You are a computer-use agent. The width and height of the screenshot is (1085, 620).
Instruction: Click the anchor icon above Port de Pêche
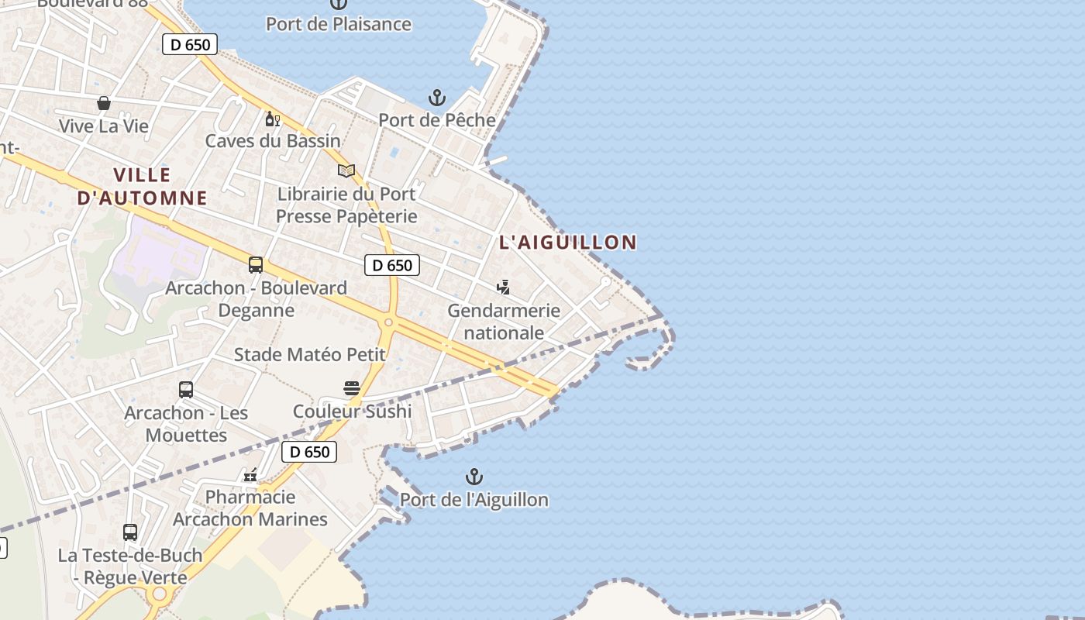pos(437,98)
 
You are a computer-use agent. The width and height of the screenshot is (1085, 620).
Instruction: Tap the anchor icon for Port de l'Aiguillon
pos(474,477)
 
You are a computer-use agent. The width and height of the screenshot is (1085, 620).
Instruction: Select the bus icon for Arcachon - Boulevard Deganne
pos(256,265)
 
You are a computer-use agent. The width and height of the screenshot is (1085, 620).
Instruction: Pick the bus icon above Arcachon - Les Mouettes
pos(186,390)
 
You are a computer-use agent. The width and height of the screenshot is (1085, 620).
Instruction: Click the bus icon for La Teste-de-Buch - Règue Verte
pos(130,532)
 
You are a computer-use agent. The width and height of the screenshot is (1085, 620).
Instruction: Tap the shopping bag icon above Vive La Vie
pos(104,103)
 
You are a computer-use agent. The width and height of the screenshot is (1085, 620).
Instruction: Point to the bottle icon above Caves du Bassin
pos(272,119)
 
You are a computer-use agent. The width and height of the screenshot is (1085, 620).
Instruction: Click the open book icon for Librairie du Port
pos(346,170)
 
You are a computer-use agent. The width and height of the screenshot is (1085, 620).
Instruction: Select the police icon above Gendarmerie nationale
pos(504,288)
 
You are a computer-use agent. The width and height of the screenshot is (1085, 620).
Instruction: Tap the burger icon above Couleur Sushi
pos(352,388)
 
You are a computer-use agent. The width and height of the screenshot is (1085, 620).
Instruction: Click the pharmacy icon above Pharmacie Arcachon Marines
pos(250,474)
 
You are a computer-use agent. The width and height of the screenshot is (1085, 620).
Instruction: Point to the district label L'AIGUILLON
pos(568,243)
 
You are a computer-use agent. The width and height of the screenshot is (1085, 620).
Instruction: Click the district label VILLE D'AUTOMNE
pos(142,187)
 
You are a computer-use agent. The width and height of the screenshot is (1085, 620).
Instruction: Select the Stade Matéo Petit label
pos(310,355)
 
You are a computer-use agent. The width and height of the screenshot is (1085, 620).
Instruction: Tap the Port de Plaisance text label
pos(339,24)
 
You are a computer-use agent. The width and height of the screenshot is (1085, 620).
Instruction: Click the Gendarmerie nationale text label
pos(504,322)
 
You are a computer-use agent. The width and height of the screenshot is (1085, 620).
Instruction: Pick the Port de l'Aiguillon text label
pos(474,500)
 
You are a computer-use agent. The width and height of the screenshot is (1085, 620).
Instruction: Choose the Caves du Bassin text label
pos(273,141)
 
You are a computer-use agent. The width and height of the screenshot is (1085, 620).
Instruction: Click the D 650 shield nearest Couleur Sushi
pos(310,452)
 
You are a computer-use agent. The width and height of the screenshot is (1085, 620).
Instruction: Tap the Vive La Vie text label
pos(104,126)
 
